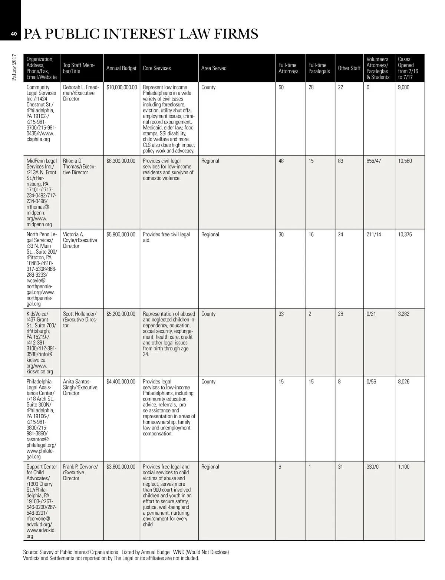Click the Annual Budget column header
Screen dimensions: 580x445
pos(121,68)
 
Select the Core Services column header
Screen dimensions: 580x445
pos(157,68)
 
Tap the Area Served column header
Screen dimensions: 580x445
pos(214,68)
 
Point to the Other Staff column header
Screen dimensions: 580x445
pos(349,68)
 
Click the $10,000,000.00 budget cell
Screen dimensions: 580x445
pos(122,88)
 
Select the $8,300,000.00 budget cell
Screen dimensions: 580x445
pos(121,161)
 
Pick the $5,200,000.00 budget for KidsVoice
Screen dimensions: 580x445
pos(121,314)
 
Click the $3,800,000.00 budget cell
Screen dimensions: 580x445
pos(121,467)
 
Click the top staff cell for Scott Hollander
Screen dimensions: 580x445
pos(80,319)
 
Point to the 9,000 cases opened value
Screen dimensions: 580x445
pos(403,88)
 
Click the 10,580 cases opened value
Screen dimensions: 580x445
pos(405,161)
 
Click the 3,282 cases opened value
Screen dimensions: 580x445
pos(403,314)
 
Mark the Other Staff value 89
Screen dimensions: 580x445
pos(340,161)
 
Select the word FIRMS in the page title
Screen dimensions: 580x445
pos(236,34)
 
